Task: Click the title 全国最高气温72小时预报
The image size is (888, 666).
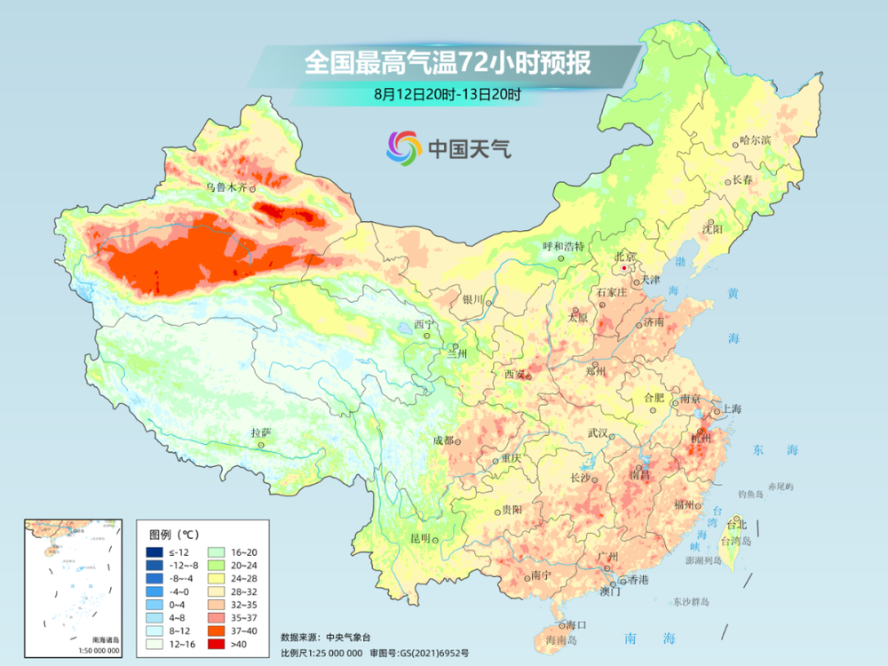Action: pyautogui.click(x=447, y=63)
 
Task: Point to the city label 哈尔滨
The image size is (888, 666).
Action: pyautogui.click(x=756, y=140)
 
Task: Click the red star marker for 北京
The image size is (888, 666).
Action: pyautogui.click(x=625, y=266)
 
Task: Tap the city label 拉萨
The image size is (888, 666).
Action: pyautogui.click(x=260, y=432)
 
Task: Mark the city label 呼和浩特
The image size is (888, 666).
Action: pyautogui.click(x=565, y=246)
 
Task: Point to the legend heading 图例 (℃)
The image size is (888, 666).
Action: pyautogui.click(x=174, y=534)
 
